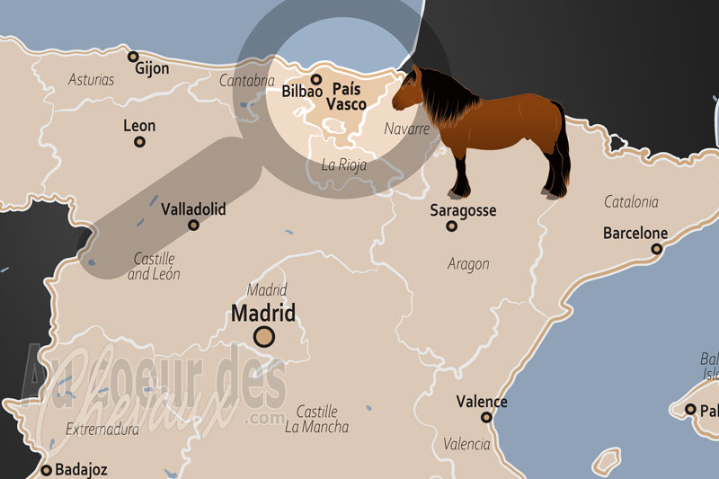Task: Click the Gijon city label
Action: tap(154, 67)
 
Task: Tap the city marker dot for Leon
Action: tap(139, 141)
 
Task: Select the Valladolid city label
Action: tap(193, 209)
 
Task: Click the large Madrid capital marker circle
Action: tap(264, 337)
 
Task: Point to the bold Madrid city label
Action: tap(263, 313)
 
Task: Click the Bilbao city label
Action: tap(302, 92)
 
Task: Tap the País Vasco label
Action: tap(346, 97)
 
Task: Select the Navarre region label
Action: tap(407, 129)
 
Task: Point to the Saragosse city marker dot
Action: tap(451, 226)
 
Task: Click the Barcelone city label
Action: tap(635, 234)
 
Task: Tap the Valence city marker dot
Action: tap(486, 417)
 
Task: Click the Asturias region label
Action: tap(92, 80)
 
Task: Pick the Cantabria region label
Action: tap(246, 81)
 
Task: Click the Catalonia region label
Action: tap(631, 202)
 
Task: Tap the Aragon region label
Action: tap(468, 264)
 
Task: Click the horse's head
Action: tap(407, 90)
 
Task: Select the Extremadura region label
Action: tap(102, 430)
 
